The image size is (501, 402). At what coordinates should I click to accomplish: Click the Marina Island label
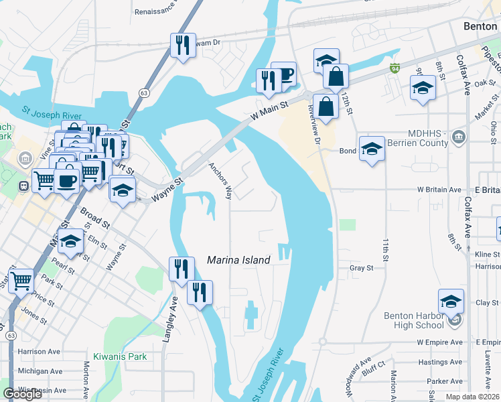pos(238,260)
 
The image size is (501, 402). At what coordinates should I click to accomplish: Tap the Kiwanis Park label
pos(120,356)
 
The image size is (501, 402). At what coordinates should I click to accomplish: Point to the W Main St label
pos(269,111)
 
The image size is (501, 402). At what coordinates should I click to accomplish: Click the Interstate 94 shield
pos(395,68)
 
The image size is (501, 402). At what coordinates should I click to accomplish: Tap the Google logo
pos(22,394)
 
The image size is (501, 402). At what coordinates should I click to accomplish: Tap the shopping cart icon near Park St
pos(21,280)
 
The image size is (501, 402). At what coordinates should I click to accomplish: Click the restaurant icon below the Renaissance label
pos(183,45)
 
